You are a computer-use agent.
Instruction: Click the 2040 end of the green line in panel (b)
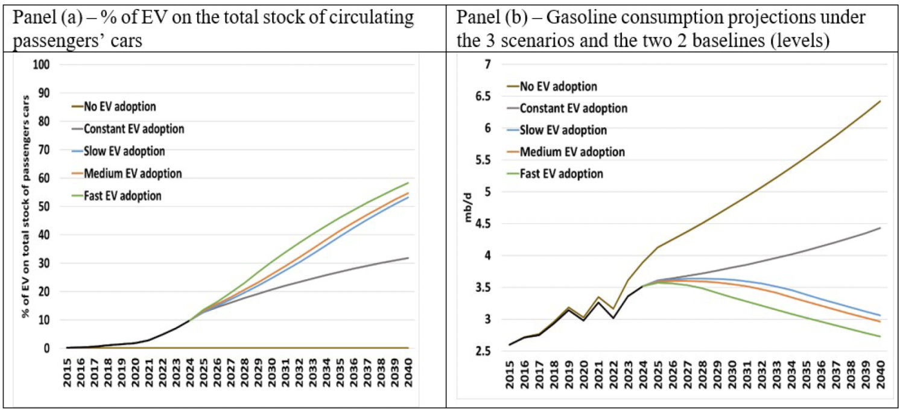880,336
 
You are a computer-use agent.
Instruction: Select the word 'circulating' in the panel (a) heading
372,18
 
